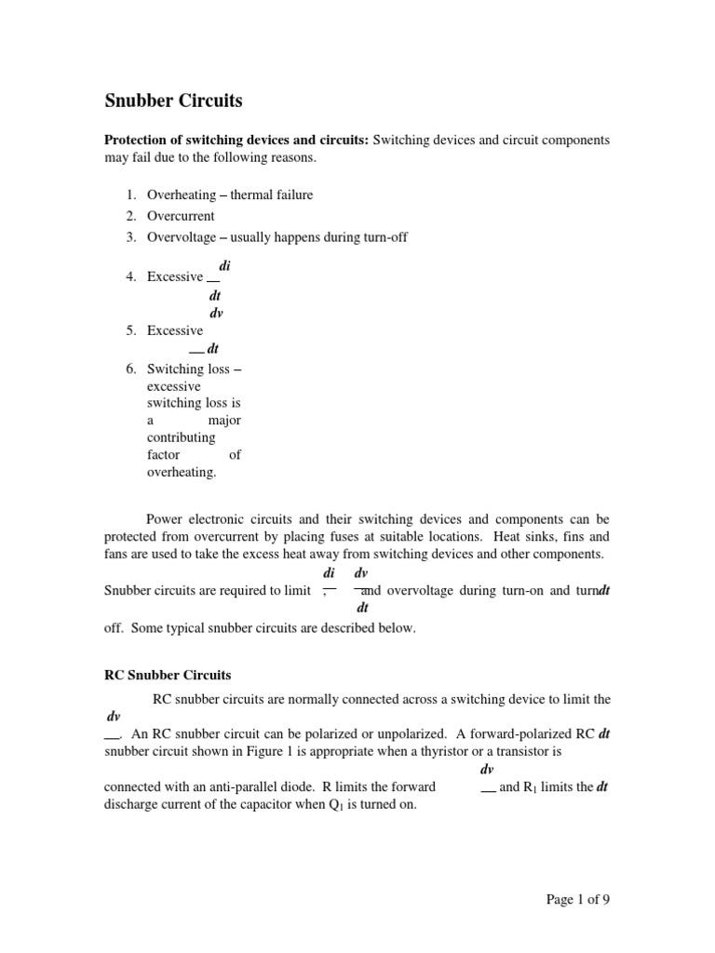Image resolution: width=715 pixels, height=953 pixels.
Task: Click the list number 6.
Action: click(130, 369)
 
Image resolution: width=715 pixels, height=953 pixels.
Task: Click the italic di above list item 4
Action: click(224, 266)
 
